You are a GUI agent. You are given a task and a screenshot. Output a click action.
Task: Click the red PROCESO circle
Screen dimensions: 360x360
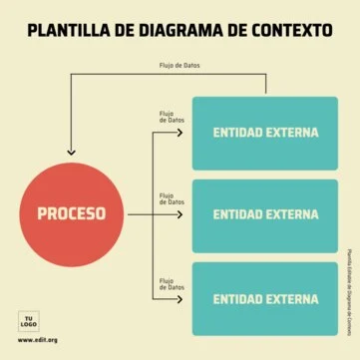click(71, 212)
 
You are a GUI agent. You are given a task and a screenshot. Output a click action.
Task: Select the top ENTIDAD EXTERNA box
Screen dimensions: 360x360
click(264, 133)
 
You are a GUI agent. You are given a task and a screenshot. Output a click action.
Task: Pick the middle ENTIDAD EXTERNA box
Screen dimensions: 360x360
click(264, 213)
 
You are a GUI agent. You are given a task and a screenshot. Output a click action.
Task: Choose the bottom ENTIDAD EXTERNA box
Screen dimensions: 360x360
click(264, 297)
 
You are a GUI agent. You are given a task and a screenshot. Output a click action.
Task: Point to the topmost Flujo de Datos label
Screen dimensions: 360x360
click(180, 67)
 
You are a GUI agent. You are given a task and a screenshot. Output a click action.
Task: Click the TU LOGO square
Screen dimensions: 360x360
click(29, 322)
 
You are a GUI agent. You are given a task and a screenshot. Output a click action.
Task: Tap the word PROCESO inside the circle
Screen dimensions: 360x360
click(71, 213)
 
